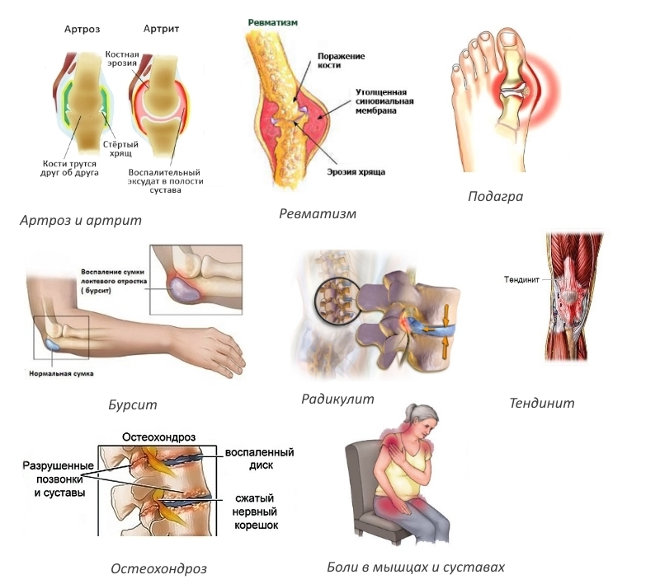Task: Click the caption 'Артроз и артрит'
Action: pyautogui.click(x=82, y=220)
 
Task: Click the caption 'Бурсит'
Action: pyautogui.click(x=132, y=404)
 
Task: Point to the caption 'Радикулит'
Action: pyautogui.click(x=337, y=399)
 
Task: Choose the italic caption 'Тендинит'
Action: pyautogui.click(x=541, y=403)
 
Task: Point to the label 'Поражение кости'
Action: pyautogui.click(x=342, y=61)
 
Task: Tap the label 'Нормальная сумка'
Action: pyautogui.click(x=59, y=374)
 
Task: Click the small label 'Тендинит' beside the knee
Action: pyautogui.click(x=521, y=280)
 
